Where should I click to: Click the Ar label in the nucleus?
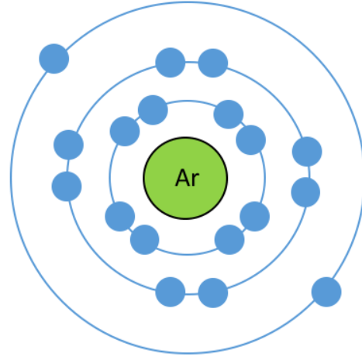click(x=187, y=178)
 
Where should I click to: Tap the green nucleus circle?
click(x=185, y=178)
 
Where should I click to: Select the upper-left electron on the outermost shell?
click(x=54, y=59)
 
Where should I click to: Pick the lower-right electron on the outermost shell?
click(x=326, y=292)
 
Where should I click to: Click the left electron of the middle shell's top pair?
click(x=171, y=63)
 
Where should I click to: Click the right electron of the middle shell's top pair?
click(x=213, y=63)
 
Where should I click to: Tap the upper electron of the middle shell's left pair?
click(x=68, y=145)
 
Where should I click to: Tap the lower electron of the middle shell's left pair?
click(x=67, y=187)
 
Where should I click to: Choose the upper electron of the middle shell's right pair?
click(x=307, y=152)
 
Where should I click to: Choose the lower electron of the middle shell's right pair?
click(x=305, y=192)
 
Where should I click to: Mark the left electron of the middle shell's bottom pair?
click(x=171, y=292)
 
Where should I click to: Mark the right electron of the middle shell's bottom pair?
click(x=213, y=293)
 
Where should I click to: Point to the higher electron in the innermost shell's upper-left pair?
click(x=153, y=110)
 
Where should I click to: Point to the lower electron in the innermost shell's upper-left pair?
click(x=125, y=131)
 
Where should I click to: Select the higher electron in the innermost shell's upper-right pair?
click(x=229, y=114)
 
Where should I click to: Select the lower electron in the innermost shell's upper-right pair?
click(x=251, y=140)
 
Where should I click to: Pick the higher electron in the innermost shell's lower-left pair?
click(x=120, y=216)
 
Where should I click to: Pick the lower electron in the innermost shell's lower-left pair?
click(x=145, y=239)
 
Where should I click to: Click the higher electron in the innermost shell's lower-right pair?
click(x=255, y=216)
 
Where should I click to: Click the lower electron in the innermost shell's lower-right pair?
click(x=229, y=239)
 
